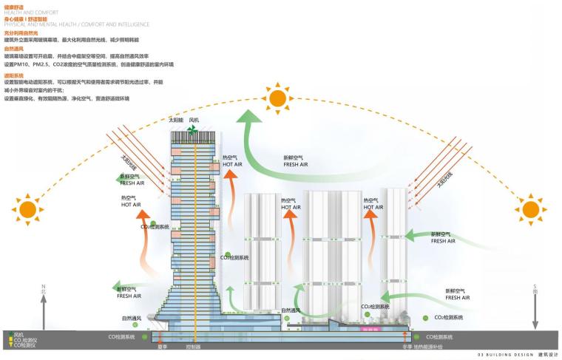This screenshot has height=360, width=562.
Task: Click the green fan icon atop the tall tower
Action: coord(192,130)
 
